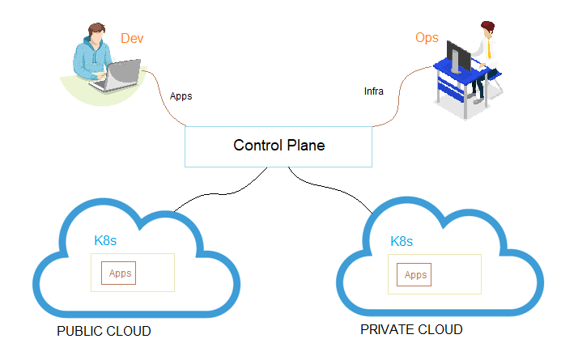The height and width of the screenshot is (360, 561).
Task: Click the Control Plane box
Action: pyautogui.click(x=278, y=146)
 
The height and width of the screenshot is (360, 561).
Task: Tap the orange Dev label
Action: pyautogui.click(x=131, y=38)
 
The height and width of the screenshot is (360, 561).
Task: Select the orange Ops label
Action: pyautogui.click(x=427, y=38)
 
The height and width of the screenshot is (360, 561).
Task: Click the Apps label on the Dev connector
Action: pyautogui.click(x=181, y=96)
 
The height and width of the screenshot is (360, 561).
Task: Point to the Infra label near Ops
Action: pyautogui.click(x=373, y=91)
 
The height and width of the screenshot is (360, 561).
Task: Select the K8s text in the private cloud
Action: pyautogui.click(x=402, y=241)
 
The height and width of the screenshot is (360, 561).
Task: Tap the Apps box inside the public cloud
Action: pyautogui.click(x=119, y=273)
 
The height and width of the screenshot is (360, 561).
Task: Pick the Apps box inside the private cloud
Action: pyautogui.click(x=414, y=275)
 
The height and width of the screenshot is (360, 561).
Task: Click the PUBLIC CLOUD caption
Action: pyautogui.click(x=104, y=332)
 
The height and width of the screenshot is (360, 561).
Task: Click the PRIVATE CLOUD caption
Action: pyautogui.click(x=411, y=330)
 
